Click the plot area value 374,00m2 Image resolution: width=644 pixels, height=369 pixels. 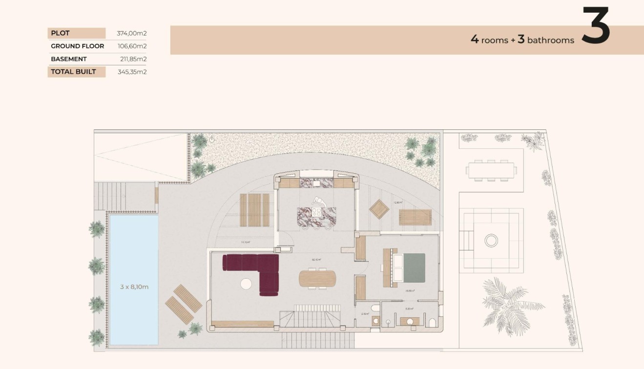(132, 34)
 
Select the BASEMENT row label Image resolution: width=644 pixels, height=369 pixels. (69, 59)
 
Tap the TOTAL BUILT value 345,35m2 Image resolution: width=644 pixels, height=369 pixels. (132, 72)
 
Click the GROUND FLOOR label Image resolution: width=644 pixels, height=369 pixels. (77, 46)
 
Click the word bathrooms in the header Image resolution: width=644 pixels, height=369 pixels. (551, 41)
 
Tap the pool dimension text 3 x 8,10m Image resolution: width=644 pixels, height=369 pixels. (134, 287)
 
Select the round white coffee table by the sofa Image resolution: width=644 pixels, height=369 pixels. (246, 284)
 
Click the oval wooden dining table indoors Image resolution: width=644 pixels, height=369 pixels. (317, 278)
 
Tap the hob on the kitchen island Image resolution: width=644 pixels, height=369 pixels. (317, 212)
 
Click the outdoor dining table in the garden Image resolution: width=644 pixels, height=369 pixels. (491, 170)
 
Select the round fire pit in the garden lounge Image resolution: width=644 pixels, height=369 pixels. (491, 240)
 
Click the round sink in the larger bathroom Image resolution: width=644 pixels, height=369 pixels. (410, 322)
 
